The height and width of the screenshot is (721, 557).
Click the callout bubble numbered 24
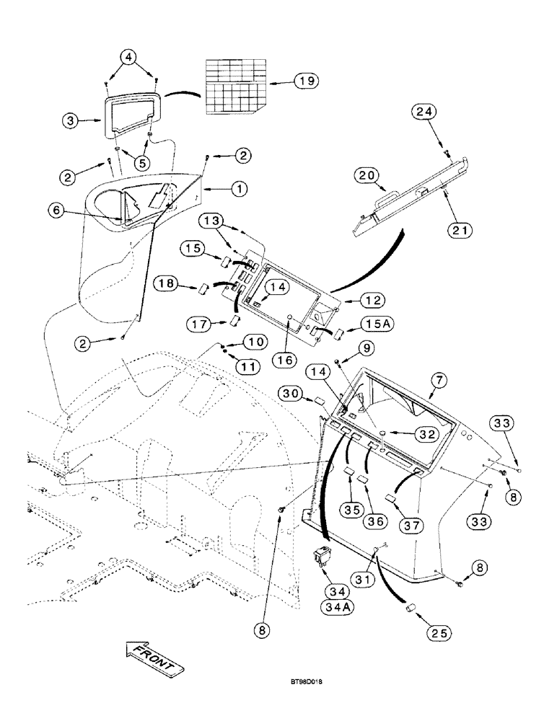coord(426,112)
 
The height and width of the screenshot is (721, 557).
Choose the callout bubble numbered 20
coord(367,174)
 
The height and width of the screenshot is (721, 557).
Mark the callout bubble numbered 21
coord(457,231)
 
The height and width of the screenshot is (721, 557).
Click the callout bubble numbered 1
coord(239,189)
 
